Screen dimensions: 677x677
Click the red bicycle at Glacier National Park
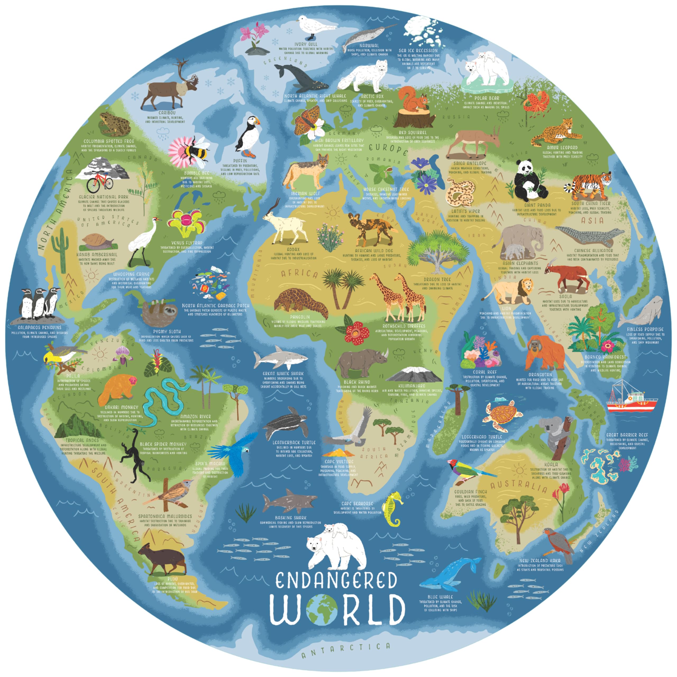[99, 181]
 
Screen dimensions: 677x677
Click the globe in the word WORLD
[322, 610]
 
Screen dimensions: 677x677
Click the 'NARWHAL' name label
[369, 45]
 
